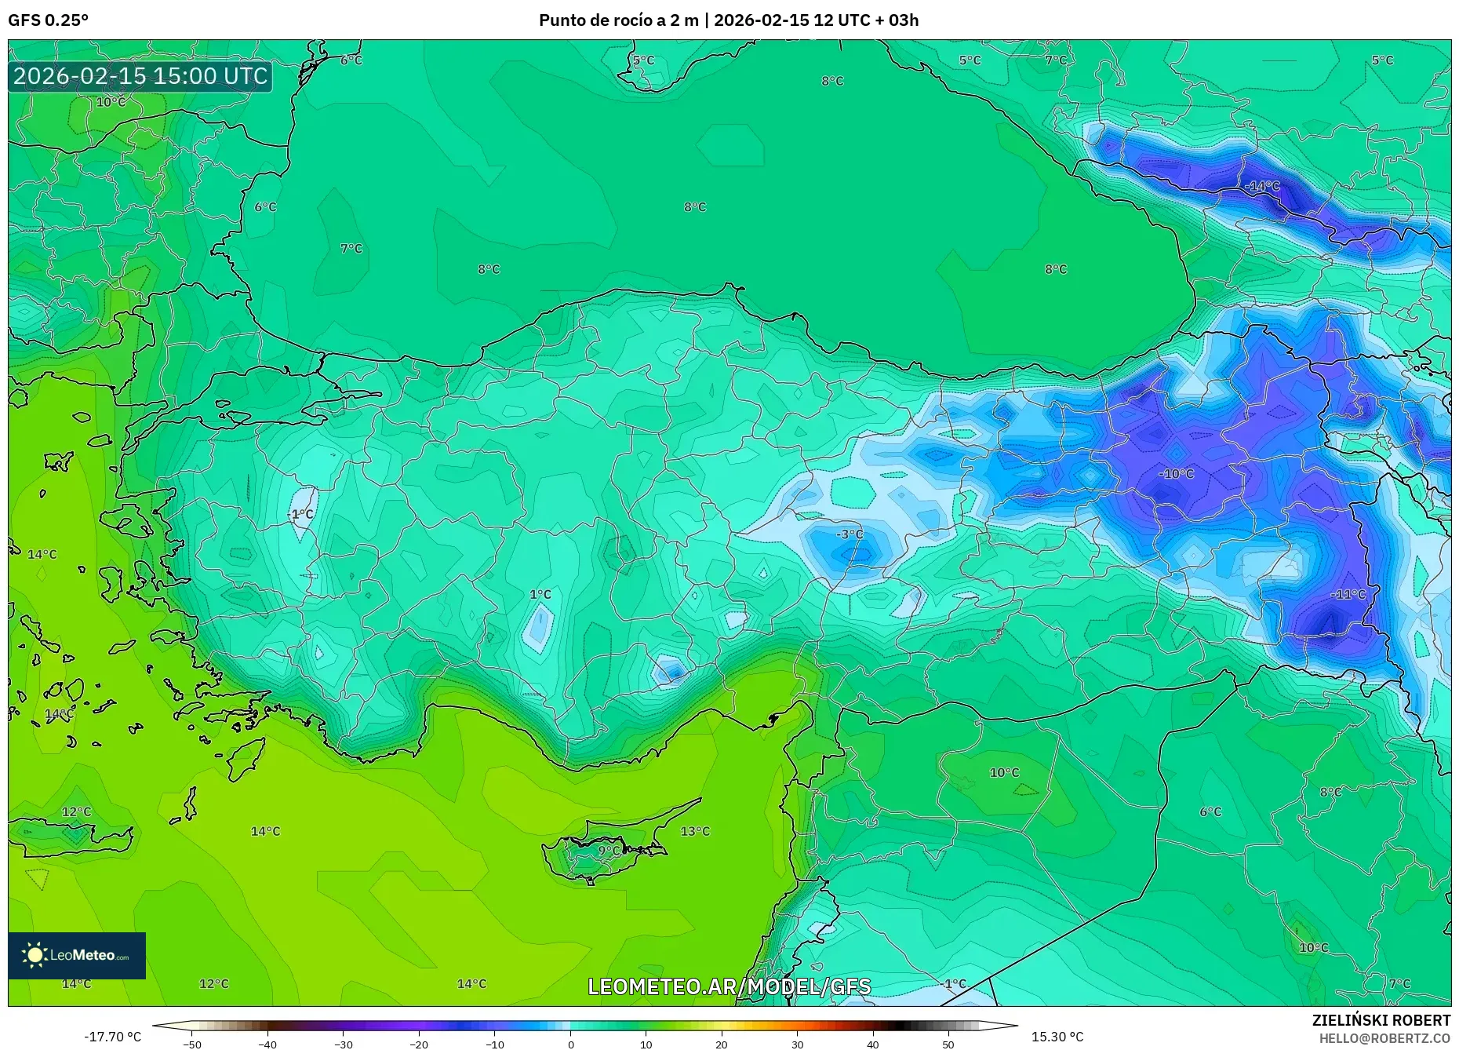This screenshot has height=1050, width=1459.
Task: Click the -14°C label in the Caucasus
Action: [1262, 187]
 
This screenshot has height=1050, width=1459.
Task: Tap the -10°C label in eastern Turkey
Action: [1177, 474]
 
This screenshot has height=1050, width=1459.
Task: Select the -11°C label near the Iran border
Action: [1348, 595]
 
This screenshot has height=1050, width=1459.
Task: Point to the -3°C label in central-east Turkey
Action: [849, 534]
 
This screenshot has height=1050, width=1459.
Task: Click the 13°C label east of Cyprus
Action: [695, 831]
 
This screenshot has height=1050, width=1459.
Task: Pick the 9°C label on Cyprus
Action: [609, 851]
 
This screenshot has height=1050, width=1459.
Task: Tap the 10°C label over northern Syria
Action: [1004, 773]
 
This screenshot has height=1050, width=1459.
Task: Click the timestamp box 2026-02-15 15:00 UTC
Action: [140, 76]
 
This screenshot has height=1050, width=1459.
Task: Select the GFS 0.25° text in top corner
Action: [49, 20]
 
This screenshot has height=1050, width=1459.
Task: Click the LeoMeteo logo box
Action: [77, 955]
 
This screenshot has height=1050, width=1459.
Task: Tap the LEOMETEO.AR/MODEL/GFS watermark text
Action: [729, 986]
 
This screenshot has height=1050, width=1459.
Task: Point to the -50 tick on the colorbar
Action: [192, 1045]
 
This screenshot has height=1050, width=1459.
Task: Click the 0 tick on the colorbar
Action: [571, 1045]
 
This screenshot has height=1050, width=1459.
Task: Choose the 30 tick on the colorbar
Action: [797, 1045]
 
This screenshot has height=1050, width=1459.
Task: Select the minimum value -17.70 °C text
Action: [113, 1037]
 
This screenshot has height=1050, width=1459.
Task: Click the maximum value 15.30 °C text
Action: [1057, 1037]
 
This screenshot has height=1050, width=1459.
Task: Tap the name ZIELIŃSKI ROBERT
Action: [1381, 1020]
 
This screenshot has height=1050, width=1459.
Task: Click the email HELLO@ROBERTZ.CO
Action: [1384, 1038]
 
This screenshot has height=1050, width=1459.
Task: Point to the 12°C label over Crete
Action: [76, 812]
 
